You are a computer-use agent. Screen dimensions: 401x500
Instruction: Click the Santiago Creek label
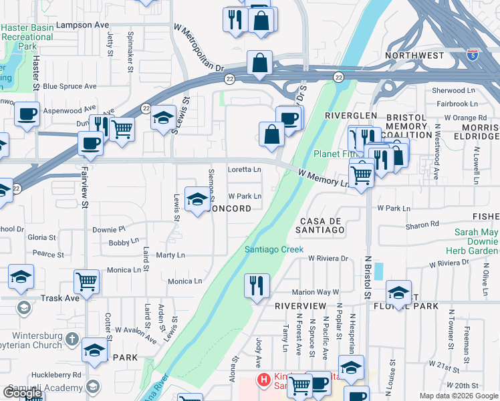click(273, 249)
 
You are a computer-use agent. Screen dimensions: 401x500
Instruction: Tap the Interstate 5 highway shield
click(473, 53)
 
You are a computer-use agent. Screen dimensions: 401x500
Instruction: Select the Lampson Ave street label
click(82, 24)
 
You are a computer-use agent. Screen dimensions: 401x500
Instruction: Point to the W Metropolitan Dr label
click(198, 49)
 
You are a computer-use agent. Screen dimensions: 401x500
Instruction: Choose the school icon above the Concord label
click(197, 199)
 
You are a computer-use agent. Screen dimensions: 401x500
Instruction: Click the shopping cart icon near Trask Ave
click(87, 281)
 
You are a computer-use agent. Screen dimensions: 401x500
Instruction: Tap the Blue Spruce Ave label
click(70, 86)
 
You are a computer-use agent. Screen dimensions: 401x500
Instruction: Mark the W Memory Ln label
click(324, 178)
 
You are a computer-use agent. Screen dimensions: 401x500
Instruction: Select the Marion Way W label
click(316, 292)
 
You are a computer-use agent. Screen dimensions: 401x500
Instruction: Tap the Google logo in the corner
click(23, 393)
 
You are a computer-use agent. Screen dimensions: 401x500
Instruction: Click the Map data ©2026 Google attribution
click(458, 396)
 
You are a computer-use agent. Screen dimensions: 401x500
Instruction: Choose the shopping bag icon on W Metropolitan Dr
click(259, 63)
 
